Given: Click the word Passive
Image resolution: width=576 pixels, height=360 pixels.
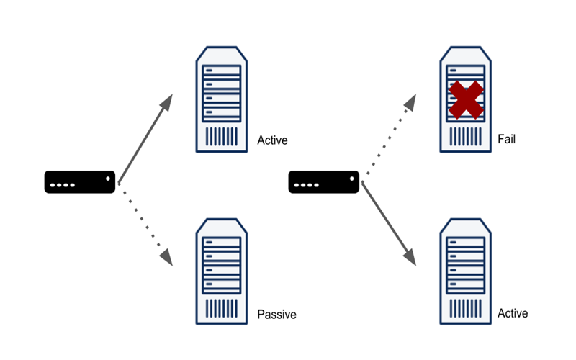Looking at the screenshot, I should click(x=276, y=315).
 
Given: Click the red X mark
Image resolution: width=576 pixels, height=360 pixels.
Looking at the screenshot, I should click(x=466, y=99).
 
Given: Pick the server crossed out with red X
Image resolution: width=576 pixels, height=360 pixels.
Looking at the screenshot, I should click(x=466, y=99).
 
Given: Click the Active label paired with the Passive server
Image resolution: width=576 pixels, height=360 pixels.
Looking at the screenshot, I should click(x=272, y=140).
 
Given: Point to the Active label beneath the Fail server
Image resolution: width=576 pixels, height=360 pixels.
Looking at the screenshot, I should click(x=513, y=313).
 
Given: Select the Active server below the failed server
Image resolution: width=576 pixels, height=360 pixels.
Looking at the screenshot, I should click(x=466, y=272).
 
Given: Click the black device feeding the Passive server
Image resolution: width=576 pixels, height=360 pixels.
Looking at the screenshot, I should click(x=79, y=181).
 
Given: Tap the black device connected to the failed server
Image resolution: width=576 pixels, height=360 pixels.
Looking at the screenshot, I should click(x=323, y=181).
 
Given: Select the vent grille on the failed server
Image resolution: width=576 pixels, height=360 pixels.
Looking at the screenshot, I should click(x=466, y=136).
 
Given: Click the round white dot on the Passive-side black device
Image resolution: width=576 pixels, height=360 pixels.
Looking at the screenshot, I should click(x=107, y=178).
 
